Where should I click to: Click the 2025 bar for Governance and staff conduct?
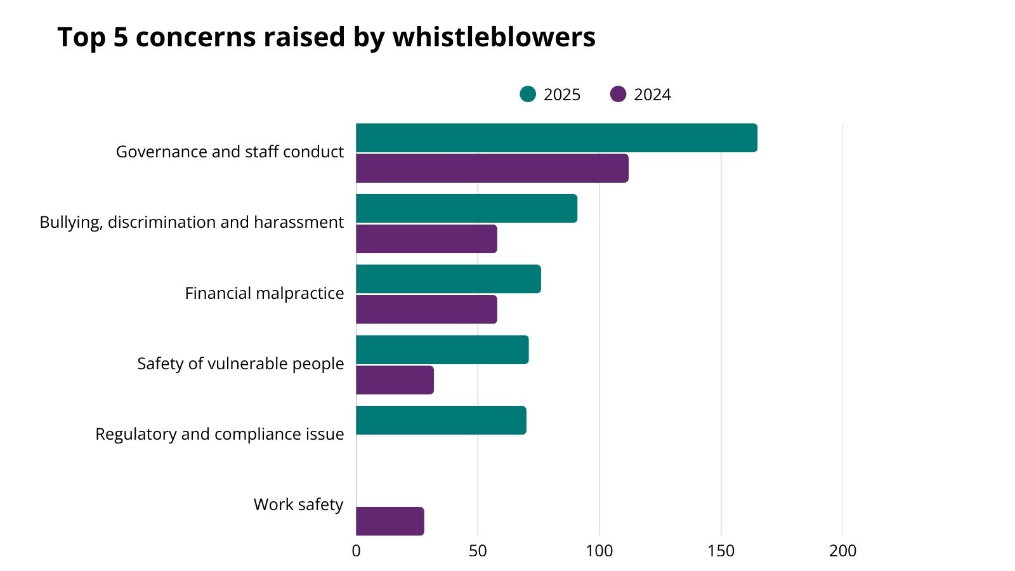[556, 138]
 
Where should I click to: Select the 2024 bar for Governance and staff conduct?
[492, 168]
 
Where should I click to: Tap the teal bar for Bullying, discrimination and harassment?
[466, 209]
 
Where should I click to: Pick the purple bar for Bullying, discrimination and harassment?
[426, 239]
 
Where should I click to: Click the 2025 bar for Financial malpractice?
[449, 279]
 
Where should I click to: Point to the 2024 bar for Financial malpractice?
[426, 310]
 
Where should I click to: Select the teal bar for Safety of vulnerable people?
[442, 350]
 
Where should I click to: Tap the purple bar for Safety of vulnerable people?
[395, 380]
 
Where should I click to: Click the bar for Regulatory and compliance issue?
[441, 421]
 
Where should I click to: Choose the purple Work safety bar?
[390, 522]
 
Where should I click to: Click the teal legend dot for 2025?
[528, 94]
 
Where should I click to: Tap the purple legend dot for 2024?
[618, 94]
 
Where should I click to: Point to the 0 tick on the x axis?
[356, 551]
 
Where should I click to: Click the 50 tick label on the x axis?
[478, 551]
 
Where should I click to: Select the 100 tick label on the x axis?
[599, 551]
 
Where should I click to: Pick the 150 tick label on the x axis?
[721, 551]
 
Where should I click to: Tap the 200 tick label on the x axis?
[842, 551]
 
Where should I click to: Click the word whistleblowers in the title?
[494, 37]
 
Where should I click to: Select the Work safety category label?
[298, 504]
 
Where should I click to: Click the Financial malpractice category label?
[264, 293]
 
